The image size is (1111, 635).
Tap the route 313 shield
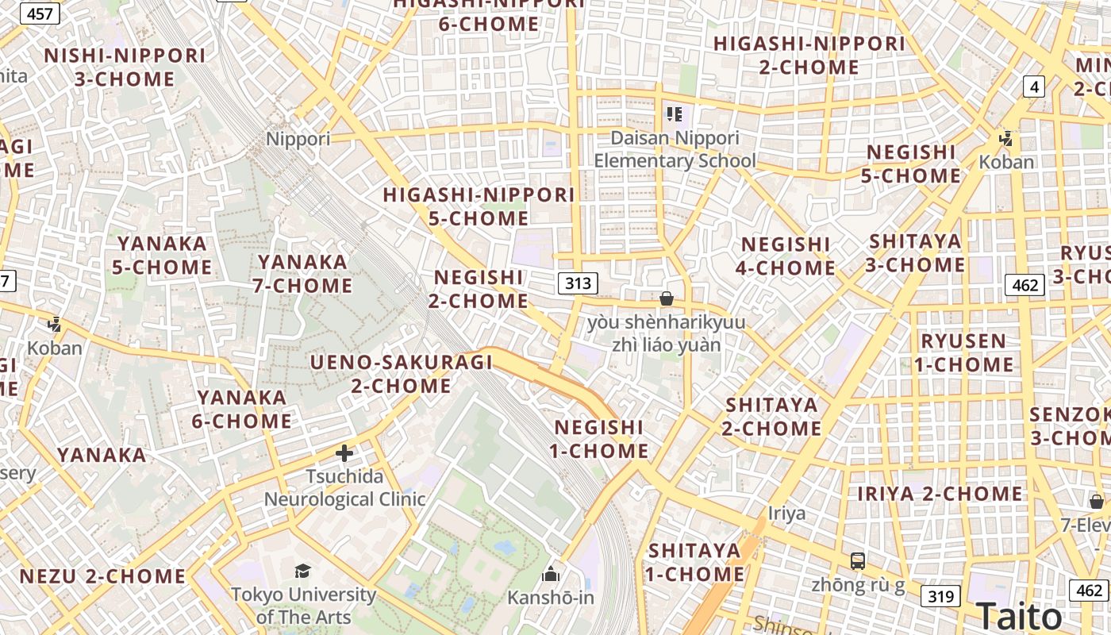577,283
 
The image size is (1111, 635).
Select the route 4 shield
1033,86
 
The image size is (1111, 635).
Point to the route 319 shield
940,596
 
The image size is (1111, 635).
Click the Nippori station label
298,140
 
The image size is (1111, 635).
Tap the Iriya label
786,514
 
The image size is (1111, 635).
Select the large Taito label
1018,616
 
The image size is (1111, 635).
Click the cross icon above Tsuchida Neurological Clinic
344,453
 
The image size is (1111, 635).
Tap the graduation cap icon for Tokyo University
302,571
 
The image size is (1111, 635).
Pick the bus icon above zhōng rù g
858,561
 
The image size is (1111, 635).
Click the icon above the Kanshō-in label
551,574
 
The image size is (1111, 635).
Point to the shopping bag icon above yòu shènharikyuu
667,298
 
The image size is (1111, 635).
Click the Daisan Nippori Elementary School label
675,149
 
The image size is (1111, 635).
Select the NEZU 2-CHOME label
102,576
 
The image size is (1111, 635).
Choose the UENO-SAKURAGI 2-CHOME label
402,374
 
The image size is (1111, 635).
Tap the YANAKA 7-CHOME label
302,273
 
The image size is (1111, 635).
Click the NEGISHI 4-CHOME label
785,256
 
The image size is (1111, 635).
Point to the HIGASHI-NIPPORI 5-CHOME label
479,206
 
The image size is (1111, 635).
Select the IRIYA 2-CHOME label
940,494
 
